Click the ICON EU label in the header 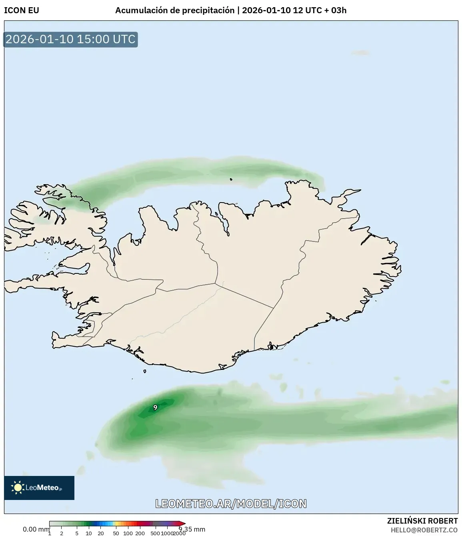(22, 10)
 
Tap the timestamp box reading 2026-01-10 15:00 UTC (70, 39)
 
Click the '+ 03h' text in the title (335, 10)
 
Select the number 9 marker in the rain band (155, 408)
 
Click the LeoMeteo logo (39, 488)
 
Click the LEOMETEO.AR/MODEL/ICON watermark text (231, 504)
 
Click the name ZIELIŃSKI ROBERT (422, 521)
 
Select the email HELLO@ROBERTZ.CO (424, 530)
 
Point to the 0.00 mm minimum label (36, 529)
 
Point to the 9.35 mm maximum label (192, 529)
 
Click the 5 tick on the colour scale (77, 533)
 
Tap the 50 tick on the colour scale (116, 533)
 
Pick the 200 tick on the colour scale (140, 533)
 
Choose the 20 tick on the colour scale (101, 533)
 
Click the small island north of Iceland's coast (231, 179)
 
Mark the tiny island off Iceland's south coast (144, 371)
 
